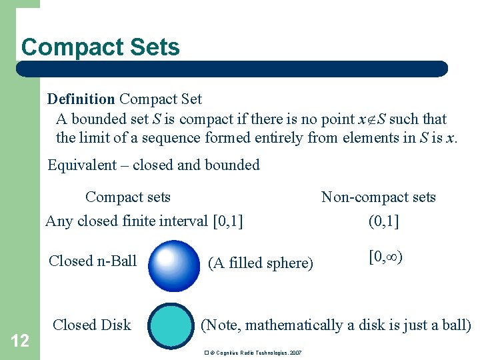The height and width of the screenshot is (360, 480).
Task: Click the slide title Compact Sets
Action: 101,47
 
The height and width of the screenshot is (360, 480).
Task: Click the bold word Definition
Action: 81,99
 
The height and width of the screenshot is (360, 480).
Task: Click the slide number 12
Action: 20,341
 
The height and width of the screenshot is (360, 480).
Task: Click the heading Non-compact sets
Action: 378,197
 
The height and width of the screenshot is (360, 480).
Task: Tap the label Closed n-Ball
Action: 93,261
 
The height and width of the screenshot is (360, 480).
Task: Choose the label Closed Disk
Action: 92,325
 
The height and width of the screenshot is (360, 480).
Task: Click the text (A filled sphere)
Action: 261,263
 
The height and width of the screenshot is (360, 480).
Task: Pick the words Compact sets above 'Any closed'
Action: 128,197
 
